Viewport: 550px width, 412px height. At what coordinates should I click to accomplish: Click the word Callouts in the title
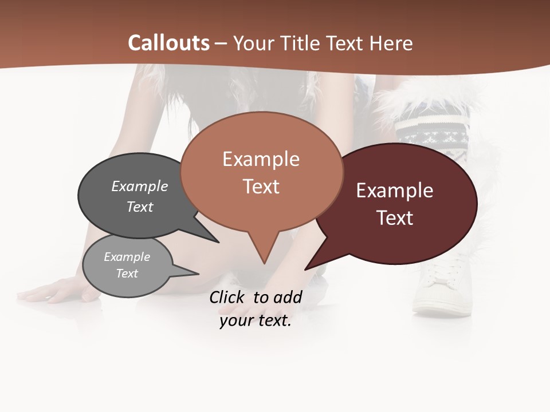pos(168,43)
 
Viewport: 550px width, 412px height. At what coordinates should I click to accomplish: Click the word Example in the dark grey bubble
pos(140,186)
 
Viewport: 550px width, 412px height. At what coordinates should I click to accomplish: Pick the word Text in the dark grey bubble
pos(140,207)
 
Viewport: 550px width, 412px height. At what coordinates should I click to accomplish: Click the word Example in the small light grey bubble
pos(127,257)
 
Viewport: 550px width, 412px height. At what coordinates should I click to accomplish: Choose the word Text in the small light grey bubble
pos(127,274)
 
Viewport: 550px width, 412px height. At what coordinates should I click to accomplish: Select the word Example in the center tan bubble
pos(261,159)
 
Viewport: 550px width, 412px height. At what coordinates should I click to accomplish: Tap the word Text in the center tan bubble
pos(261,187)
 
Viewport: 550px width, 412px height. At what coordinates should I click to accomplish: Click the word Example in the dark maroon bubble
pos(395,191)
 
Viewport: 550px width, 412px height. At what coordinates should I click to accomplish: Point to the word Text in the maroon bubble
pos(395,218)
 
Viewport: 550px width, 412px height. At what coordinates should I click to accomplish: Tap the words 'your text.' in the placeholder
pos(255,320)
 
